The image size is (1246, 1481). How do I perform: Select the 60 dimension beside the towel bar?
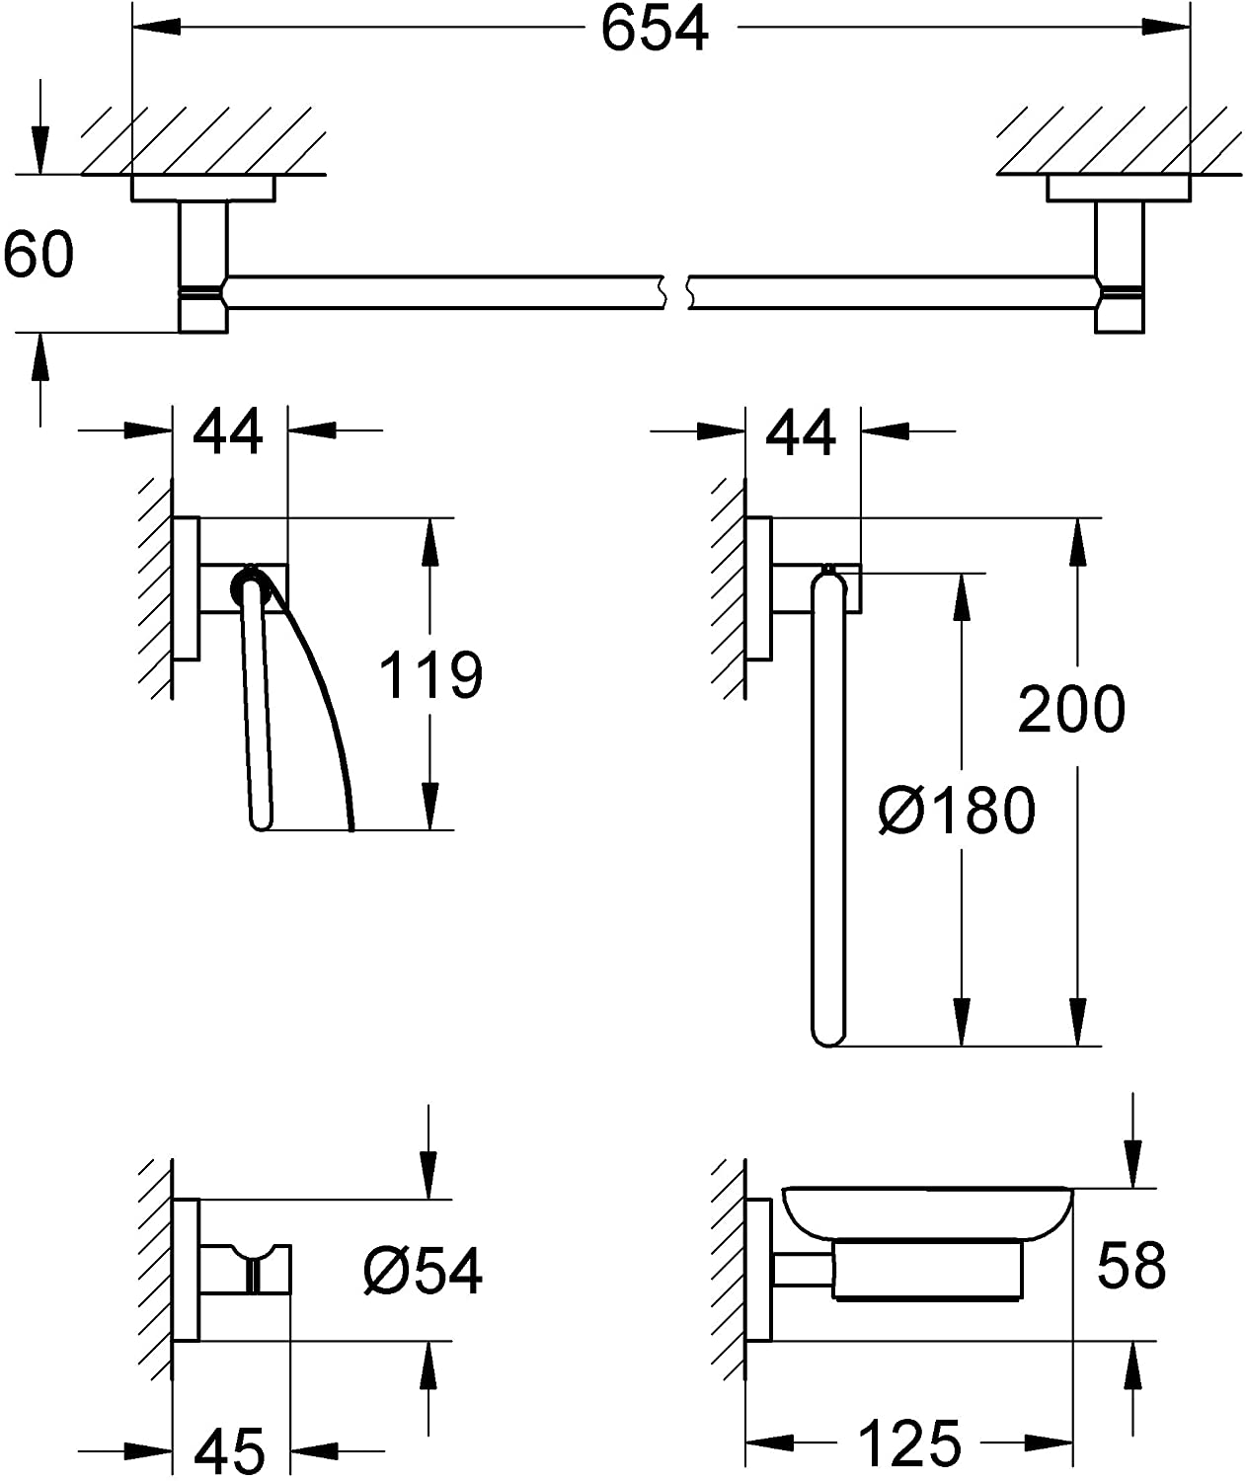(x=39, y=254)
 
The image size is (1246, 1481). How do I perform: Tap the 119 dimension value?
(x=431, y=674)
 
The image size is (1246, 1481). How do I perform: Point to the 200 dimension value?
(x=1071, y=708)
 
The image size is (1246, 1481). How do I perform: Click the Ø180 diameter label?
(x=957, y=810)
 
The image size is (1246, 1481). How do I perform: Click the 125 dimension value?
(x=910, y=1442)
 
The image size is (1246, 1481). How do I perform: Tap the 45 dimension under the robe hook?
(x=230, y=1449)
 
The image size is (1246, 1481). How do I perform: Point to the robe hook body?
(x=247, y=1269)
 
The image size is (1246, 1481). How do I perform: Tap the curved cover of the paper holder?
(x=321, y=691)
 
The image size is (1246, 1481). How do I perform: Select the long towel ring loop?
(x=827, y=810)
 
